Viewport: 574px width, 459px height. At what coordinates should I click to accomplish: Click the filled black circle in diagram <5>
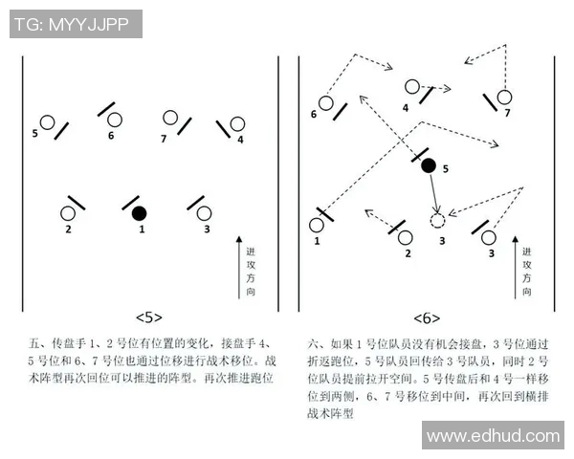(140, 212)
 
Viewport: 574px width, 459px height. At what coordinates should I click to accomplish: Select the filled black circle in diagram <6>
(429, 165)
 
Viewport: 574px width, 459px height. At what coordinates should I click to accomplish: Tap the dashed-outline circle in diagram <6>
(438, 221)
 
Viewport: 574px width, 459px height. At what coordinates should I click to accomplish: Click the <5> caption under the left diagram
(149, 317)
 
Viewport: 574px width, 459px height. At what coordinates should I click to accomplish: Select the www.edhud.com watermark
(494, 436)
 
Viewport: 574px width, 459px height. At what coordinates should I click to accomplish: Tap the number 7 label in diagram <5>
(164, 139)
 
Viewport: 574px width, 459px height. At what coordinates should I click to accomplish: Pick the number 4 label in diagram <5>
(240, 140)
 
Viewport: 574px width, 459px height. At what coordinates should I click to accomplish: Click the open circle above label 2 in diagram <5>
(68, 212)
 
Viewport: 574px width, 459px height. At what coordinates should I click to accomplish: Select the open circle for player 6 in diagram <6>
(326, 102)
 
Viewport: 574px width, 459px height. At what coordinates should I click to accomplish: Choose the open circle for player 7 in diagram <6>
(504, 97)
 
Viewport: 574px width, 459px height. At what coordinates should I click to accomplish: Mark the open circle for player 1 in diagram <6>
(317, 226)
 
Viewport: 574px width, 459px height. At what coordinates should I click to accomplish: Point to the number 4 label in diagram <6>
(406, 108)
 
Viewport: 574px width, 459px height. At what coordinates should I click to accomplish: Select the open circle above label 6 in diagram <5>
(115, 120)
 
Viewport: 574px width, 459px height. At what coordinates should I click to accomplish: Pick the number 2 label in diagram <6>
(408, 253)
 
